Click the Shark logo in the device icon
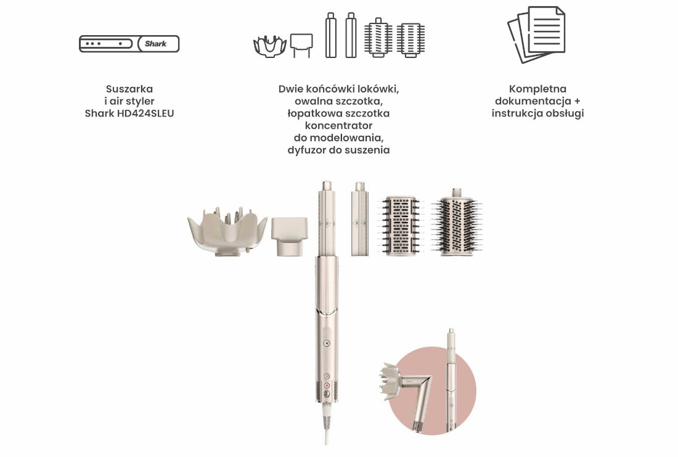pyautogui.click(x=156, y=44)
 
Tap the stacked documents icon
pyautogui.click(x=536, y=35)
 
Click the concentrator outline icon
pyautogui.click(x=301, y=46)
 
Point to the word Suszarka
pyautogui.click(x=129, y=89)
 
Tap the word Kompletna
pyautogui.click(x=537, y=89)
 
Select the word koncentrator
pyautogui.click(x=338, y=125)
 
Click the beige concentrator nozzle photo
pyautogui.click(x=289, y=236)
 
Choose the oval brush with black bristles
pyautogui.click(x=457, y=222)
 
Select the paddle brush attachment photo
pyautogui.click(x=401, y=226)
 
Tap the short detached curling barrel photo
pyautogui.click(x=360, y=218)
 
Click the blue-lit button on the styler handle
pyautogui.click(x=327, y=344)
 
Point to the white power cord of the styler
pyautogui.click(x=327, y=426)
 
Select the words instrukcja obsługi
pyautogui.click(x=537, y=113)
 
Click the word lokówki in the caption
pyautogui.click(x=379, y=89)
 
